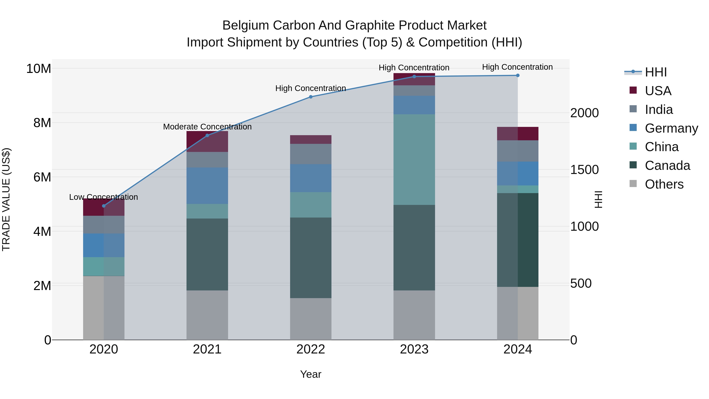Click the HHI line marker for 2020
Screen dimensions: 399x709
[x=104, y=206]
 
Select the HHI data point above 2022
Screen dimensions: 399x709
[x=311, y=97]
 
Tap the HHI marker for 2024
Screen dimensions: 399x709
[x=518, y=75]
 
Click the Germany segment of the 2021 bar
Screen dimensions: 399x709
[x=207, y=186]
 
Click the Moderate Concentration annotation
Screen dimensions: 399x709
[x=207, y=127]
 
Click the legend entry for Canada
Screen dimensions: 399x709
[x=667, y=166]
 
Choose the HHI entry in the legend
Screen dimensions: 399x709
[x=656, y=72]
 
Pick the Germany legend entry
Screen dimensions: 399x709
[x=671, y=128]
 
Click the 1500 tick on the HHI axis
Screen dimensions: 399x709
[x=584, y=170]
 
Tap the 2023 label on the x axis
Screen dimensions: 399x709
[x=414, y=349]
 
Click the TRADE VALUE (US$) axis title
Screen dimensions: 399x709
[x=6, y=199]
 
